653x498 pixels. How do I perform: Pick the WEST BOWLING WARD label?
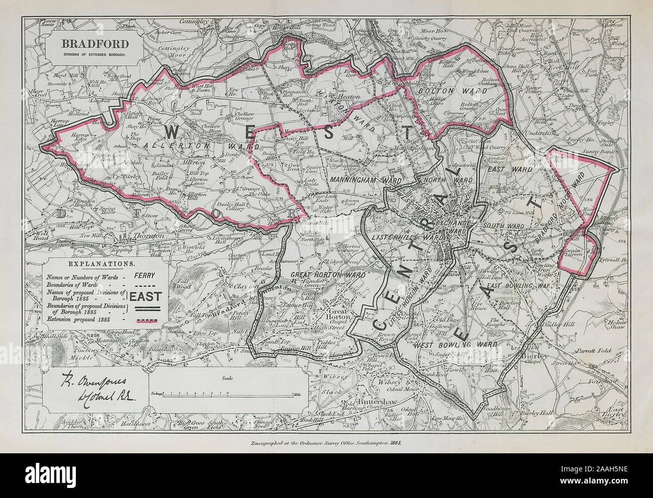(455, 345)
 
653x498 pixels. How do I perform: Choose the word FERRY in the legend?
(145, 275)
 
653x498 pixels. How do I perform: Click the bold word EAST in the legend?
(145, 297)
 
